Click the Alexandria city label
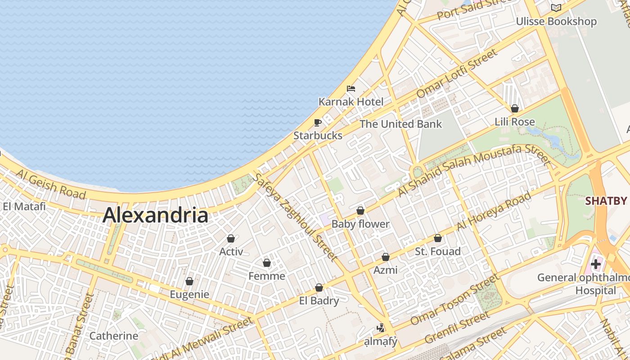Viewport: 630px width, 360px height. pyautogui.click(x=155, y=215)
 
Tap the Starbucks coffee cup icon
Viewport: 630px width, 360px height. pyautogui.click(x=318, y=122)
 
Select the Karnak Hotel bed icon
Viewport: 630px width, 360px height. pyautogui.click(x=351, y=88)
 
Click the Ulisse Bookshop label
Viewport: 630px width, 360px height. pyautogui.click(x=556, y=21)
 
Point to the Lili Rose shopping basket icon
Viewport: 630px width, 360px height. pyautogui.click(x=515, y=108)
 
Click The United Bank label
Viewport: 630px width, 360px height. pyautogui.click(x=401, y=124)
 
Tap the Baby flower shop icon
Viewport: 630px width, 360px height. pyautogui.click(x=360, y=211)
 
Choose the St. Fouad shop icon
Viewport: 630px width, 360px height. pyautogui.click(x=438, y=238)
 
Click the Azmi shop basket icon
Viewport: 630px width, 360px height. pyautogui.click(x=386, y=257)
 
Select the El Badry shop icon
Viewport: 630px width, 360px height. pyautogui.click(x=319, y=288)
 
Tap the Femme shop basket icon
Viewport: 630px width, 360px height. pyautogui.click(x=267, y=263)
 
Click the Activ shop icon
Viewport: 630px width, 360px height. pyautogui.click(x=231, y=238)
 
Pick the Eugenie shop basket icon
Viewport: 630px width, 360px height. pyautogui.click(x=189, y=281)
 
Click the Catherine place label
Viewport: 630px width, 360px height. pyautogui.click(x=114, y=336)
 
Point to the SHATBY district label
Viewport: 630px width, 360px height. pyautogui.click(x=606, y=201)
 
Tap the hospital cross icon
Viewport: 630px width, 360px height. pyautogui.click(x=596, y=264)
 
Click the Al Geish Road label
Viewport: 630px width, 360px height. pyautogui.click(x=50, y=184)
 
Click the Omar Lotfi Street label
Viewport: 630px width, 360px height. pyautogui.click(x=457, y=73)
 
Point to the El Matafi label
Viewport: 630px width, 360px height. pyautogui.click(x=24, y=207)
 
